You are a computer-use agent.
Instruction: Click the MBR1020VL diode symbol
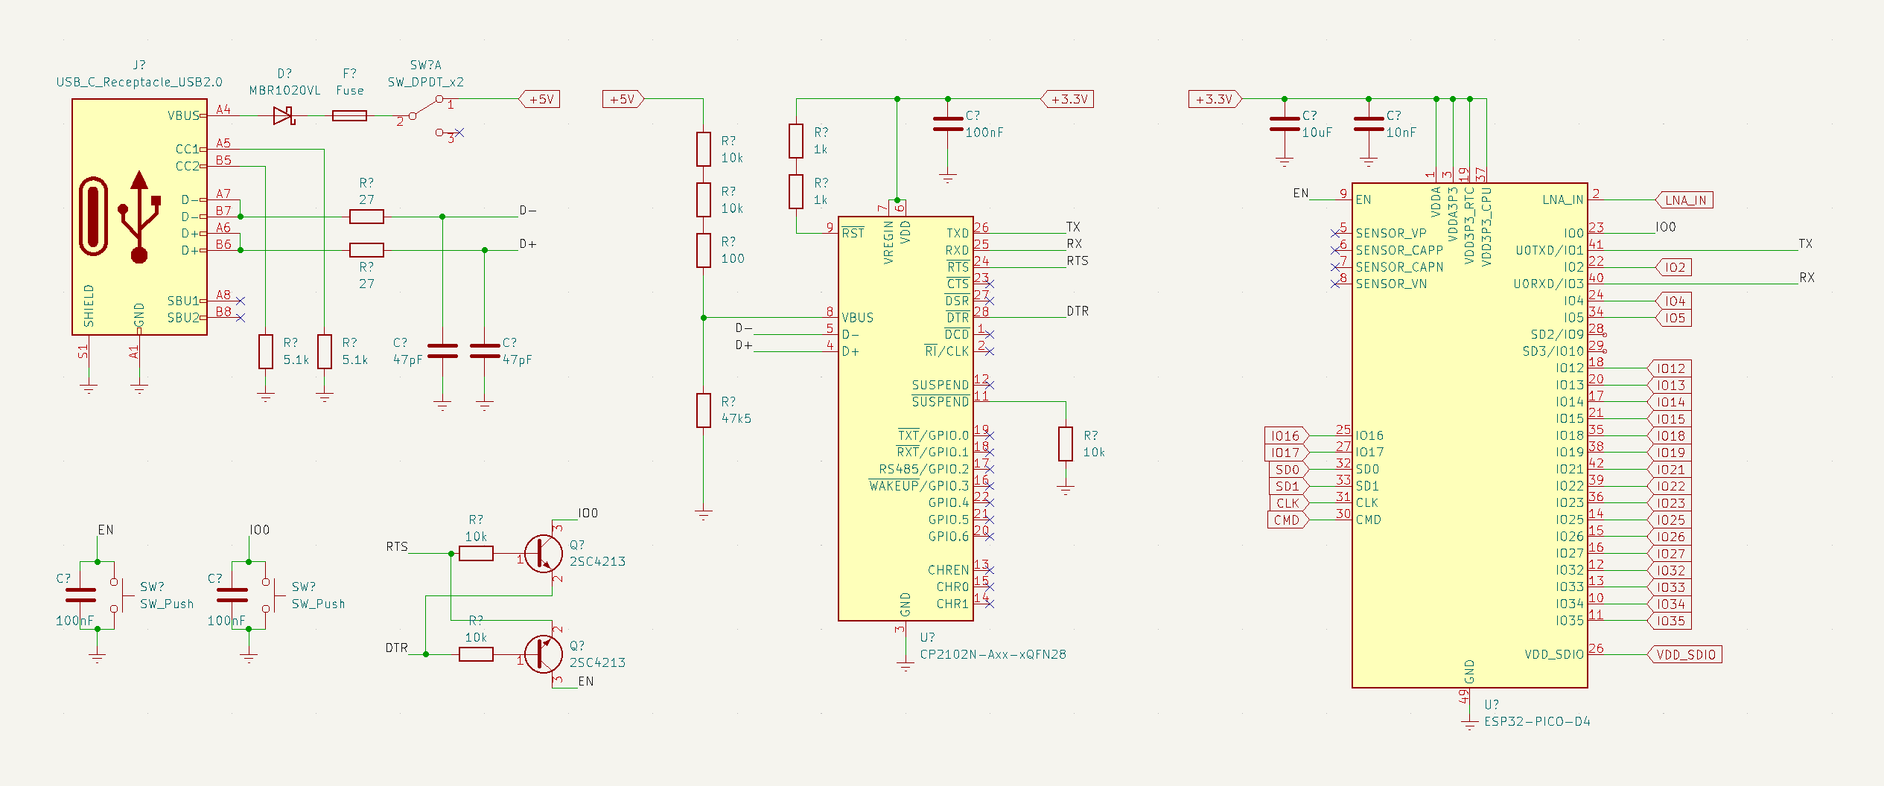284,115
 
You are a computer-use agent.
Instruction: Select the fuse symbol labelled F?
349,115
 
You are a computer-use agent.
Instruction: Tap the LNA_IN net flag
1684,199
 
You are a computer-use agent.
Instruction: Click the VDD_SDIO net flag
1685,655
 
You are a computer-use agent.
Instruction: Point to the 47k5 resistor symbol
704,411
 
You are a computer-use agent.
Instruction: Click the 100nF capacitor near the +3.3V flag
947,124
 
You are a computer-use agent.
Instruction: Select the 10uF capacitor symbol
1284,124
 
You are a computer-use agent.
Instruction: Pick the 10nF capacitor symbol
1368,124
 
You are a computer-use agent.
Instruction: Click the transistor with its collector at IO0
544,553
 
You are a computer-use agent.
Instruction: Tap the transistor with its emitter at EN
544,654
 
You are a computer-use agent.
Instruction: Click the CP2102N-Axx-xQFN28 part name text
993,655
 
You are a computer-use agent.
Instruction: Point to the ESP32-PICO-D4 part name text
1537,722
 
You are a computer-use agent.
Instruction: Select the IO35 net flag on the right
1670,621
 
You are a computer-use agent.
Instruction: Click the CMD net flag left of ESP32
1287,520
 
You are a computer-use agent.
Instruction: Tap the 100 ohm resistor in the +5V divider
704,250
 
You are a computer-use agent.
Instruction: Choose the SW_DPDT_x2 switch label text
425,82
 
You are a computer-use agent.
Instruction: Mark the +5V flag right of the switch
540,99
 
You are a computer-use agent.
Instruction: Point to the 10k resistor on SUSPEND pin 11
1066,444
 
